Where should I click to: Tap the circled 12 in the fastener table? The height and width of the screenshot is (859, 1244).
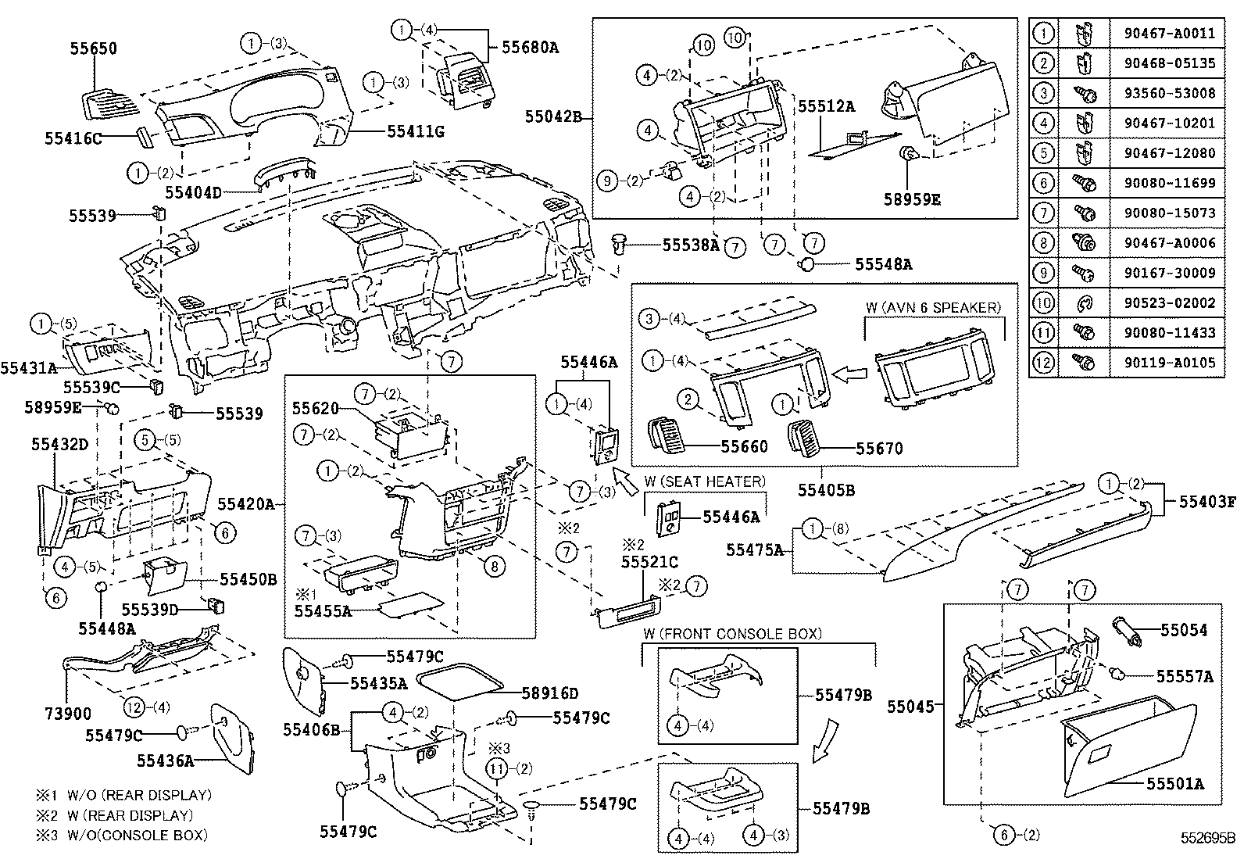pyautogui.click(x=1043, y=363)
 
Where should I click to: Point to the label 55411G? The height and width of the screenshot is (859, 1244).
pyautogui.click(x=415, y=131)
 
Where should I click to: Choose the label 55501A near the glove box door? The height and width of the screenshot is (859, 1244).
pyautogui.click(x=1174, y=783)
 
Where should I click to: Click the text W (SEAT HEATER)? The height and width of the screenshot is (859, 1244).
pyautogui.click(x=705, y=481)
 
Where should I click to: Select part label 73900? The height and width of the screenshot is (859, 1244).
pyautogui.click(x=66, y=714)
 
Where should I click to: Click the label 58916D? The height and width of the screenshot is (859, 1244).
pyautogui.click(x=550, y=693)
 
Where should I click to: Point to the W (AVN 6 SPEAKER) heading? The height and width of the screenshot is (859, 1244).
pyautogui.click(x=933, y=307)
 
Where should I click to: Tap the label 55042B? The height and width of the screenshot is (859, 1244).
pyautogui.click(x=553, y=117)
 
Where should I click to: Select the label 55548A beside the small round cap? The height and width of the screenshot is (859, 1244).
pyautogui.click(x=883, y=264)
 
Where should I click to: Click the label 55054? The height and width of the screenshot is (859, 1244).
pyautogui.click(x=1183, y=630)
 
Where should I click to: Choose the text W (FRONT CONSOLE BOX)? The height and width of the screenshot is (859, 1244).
pyautogui.click(x=732, y=633)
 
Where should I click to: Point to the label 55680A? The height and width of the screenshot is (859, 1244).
pyautogui.click(x=530, y=47)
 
